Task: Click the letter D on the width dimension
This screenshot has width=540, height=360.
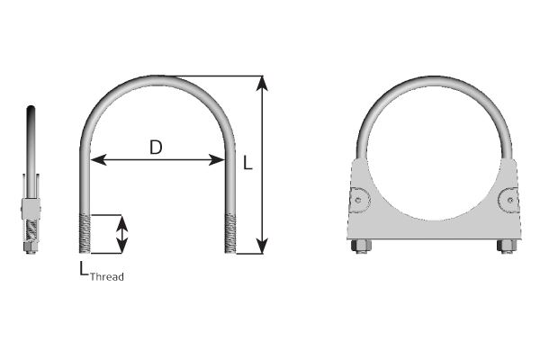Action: pos(156,148)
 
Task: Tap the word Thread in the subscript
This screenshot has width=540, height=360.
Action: pos(107,277)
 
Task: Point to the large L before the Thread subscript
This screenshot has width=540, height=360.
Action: pos(84,268)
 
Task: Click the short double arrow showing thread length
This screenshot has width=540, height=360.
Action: pos(123,234)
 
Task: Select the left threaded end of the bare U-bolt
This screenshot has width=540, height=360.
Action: pos(85,233)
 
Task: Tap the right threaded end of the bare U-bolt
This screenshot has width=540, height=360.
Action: pos(229,233)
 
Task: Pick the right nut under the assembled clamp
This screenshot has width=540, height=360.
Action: pos(505,246)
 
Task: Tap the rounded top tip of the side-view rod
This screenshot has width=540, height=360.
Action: pos(32,109)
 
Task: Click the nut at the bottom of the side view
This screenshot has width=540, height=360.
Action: pos(31,249)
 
